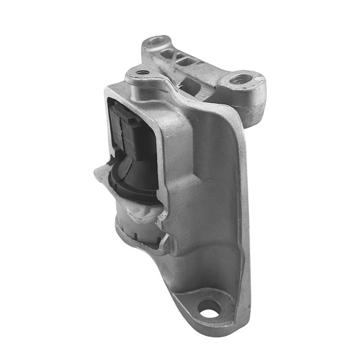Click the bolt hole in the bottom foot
tap(209, 311)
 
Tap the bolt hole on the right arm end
tap(245, 79)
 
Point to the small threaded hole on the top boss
tap(142, 73)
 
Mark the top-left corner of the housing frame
tap(109, 91)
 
